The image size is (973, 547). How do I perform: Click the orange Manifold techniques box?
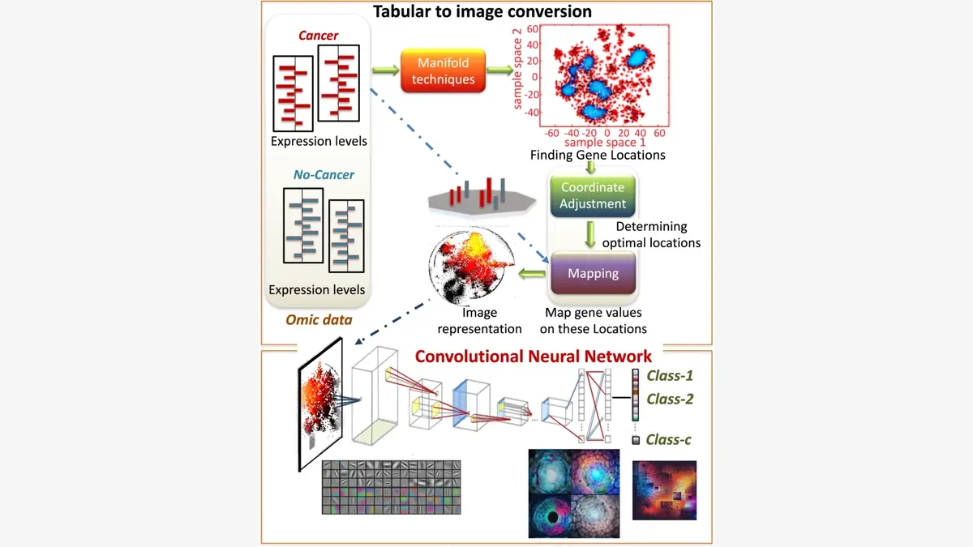[x=444, y=71]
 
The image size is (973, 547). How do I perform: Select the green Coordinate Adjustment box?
[x=593, y=195]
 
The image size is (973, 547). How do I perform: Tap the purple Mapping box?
[x=593, y=273]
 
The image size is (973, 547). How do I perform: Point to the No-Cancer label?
[x=324, y=174]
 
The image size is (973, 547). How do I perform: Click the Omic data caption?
[x=319, y=319]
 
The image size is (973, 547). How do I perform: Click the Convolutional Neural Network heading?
[x=533, y=356]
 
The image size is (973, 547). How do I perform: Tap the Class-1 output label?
[x=669, y=376]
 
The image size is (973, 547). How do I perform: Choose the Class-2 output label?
[x=669, y=399]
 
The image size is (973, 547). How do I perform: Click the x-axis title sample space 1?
[x=604, y=143]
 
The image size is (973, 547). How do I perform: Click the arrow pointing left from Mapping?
[x=533, y=274]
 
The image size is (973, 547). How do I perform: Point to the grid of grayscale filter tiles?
[x=391, y=486]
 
